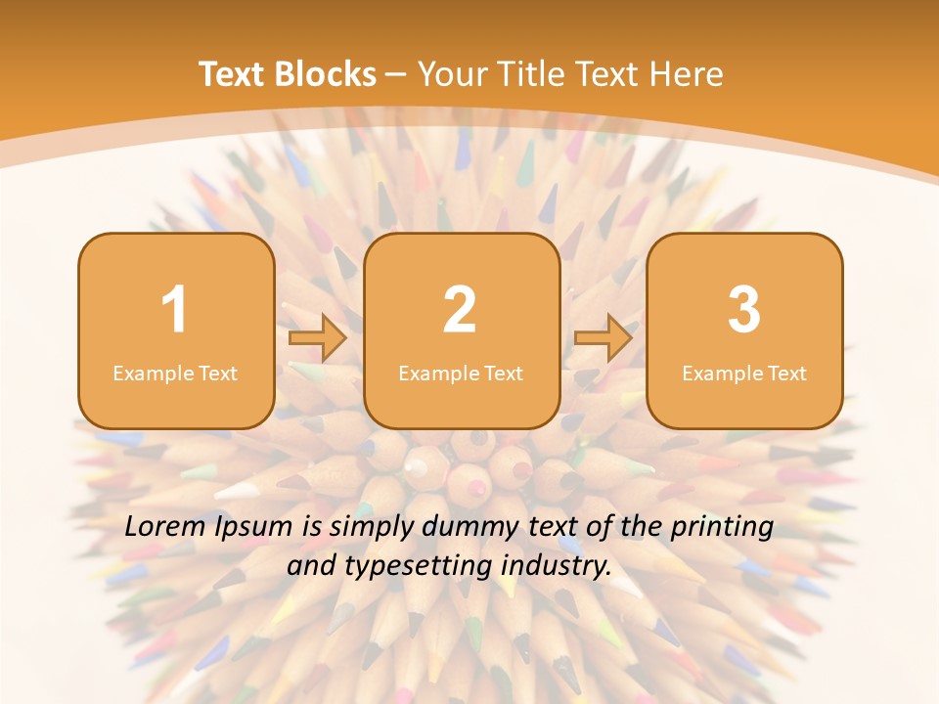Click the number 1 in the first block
click(175, 310)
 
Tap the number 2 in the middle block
click(460, 310)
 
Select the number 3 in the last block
click(744, 310)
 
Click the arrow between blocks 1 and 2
click(319, 337)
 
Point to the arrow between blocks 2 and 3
click(604, 337)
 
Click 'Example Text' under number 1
click(175, 373)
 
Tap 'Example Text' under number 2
click(461, 373)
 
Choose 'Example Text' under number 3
click(744, 373)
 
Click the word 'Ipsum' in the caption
click(254, 528)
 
